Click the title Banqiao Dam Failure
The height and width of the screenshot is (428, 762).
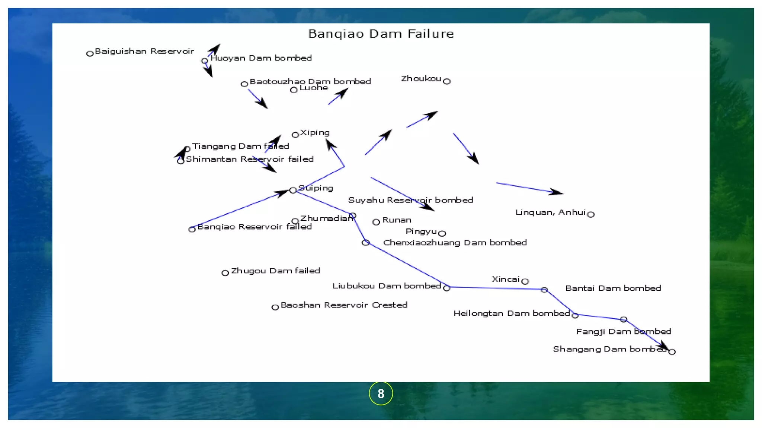pos(381,34)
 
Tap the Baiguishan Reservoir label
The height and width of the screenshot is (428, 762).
pos(144,51)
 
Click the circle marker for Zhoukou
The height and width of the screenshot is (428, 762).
pos(447,81)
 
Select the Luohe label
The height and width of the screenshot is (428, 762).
pos(313,88)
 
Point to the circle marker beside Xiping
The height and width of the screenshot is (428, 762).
pos(295,135)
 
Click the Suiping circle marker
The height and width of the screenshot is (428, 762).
pos(293,190)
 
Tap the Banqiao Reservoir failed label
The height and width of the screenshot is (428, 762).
pos(254,227)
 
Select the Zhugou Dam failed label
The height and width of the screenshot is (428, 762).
pos(275,271)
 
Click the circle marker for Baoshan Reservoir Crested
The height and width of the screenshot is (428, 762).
pos(275,307)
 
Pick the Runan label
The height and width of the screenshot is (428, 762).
pos(397,220)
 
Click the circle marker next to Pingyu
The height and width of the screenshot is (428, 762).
pos(442,234)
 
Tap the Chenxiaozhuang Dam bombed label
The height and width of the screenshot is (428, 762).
pos(455,243)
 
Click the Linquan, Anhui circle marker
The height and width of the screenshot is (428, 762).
pos(591,214)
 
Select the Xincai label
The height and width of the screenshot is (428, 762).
pos(505,279)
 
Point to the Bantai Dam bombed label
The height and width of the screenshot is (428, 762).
pos(613,288)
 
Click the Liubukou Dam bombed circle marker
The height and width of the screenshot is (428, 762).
pos(447,288)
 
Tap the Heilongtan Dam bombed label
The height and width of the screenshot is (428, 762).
pos(511,314)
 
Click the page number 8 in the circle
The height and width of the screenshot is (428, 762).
pos(381,393)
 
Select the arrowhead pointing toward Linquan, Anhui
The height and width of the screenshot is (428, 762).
pos(557,192)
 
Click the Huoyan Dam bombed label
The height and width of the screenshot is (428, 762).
pos(261,58)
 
